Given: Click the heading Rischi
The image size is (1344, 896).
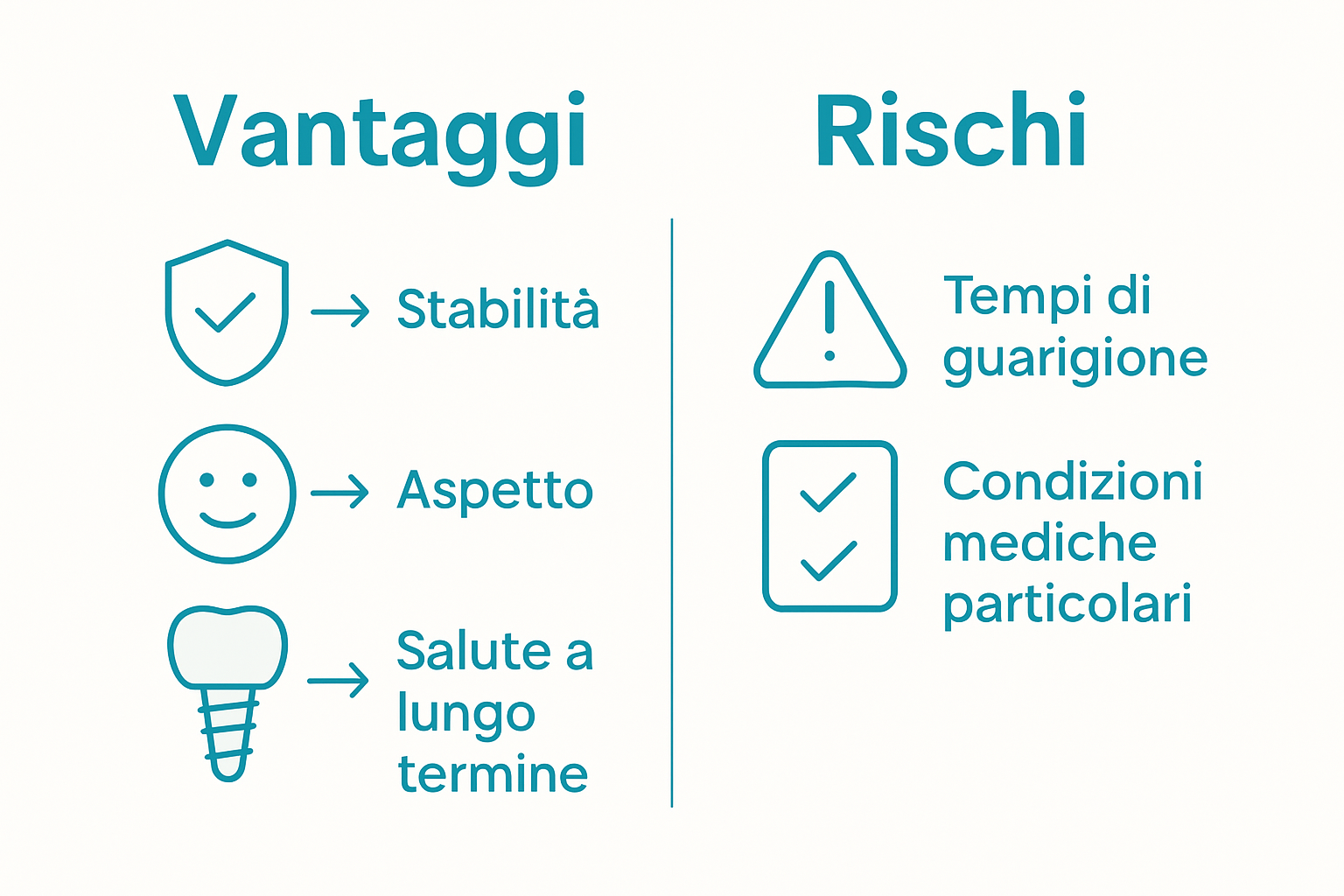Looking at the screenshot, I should [x=950, y=131].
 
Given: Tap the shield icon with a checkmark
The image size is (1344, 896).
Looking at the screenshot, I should [x=227, y=311].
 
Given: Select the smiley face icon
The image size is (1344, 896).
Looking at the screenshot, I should [x=227, y=493].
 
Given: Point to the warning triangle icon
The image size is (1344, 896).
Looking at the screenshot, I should [x=829, y=324].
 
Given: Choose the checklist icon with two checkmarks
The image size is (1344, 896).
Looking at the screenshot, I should [x=829, y=525].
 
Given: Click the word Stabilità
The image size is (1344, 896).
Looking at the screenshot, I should [x=498, y=309].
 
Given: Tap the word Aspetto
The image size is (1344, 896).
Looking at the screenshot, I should [x=495, y=491].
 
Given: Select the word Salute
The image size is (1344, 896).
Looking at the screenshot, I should [x=472, y=652].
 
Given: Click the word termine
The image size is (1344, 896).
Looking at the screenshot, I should [x=493, y=775].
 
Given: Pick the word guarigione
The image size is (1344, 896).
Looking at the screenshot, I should [x=1074, y=359].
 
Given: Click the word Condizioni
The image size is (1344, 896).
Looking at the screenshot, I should [x=1073, y=482].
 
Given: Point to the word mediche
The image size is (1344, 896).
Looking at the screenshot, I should [x=1049, y=543].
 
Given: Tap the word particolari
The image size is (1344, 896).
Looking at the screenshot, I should [x=1067, y=605].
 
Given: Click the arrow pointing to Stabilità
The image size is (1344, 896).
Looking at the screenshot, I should [x=340, y=311].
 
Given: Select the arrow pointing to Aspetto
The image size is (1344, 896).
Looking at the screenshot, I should [x=340, y=492].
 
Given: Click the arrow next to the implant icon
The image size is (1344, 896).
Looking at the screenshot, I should [x=339, y=680].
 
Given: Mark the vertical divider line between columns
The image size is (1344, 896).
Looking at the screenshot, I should [x=672, y=512].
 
